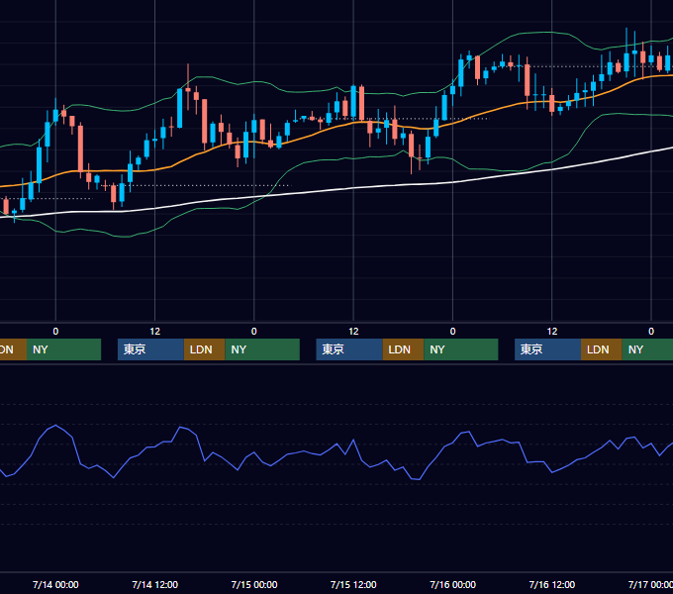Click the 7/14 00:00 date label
tap(55, 584)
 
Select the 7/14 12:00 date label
tap(155, 584)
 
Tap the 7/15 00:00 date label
tap(254, 584)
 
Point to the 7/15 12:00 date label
tap(353, 584)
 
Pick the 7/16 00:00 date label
tap(453, 584)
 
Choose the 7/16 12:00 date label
tap(552, 584)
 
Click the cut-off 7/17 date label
tap(650, 584)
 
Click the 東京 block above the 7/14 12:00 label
tap(150, 349)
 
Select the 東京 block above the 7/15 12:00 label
tap(349, 349)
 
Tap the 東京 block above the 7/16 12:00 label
tap(547, 349)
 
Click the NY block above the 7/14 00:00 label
tap(64, 349)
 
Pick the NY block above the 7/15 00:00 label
tap(262, 349)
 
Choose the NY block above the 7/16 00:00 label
tap(461, 349)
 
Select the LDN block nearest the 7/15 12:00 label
tap(403, 349)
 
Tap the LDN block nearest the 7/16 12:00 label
tap(602, 349)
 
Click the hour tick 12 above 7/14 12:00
tap(155, 332)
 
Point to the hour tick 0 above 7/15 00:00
tap(254, 332)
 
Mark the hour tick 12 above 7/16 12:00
tap(552, 332)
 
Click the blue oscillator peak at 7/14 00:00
tap(55, 425)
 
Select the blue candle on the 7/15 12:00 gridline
tap(353, 101)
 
